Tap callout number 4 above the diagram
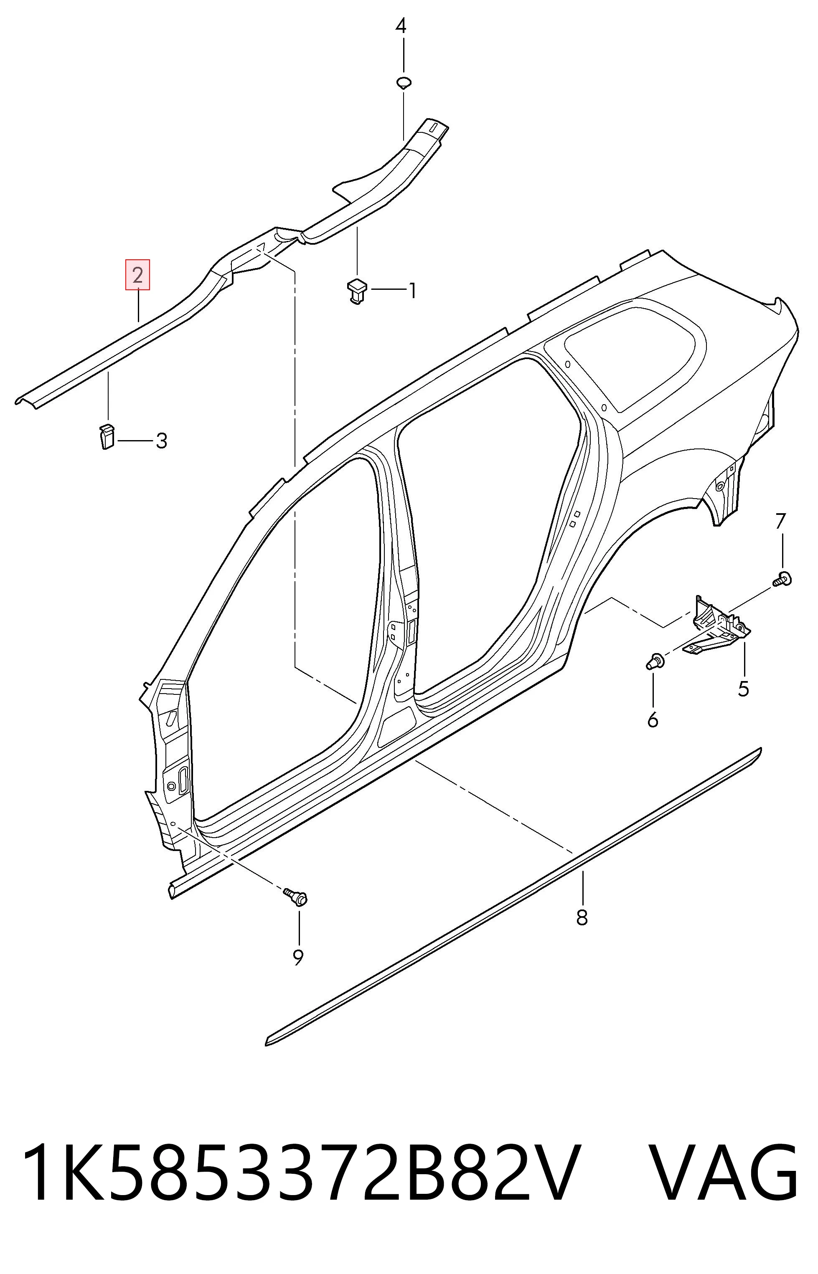pyautogui.click(x=401, y=25)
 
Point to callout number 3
pyautogui.click(x=162, y=441)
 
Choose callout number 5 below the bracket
pyautogui.click(x=743, y=689)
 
